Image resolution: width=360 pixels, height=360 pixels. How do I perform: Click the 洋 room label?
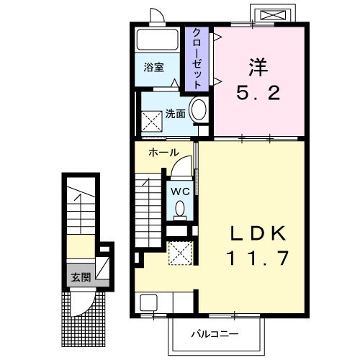pos(257,68)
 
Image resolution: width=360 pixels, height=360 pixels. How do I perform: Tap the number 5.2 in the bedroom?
pos(257,94)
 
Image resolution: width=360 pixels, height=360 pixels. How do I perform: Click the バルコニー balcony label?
pos(214,334)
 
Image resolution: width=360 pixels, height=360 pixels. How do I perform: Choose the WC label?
pos(179,192)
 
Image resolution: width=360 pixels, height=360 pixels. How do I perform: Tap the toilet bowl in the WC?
pos(180,209)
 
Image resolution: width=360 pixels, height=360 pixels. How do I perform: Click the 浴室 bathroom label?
pos(153,68)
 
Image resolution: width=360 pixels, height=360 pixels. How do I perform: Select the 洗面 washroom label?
pos(175,113)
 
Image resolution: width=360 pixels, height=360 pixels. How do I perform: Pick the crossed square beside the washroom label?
pos(153,121)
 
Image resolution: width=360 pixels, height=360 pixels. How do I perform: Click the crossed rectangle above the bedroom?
pos(271,14)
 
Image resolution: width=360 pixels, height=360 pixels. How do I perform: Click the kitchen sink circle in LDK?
pos(149,302)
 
